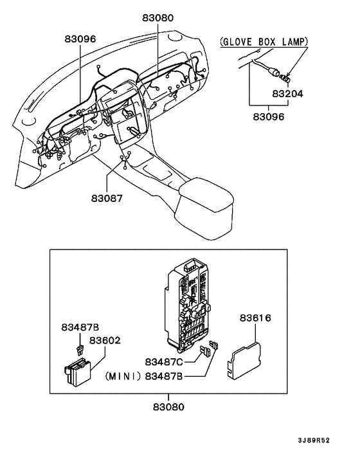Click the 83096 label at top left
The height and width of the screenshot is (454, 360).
79,39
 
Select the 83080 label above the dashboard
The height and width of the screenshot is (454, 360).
157,19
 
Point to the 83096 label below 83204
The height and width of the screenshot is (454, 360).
268,117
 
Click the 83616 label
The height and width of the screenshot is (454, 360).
255,318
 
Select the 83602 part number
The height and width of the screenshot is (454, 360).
105,340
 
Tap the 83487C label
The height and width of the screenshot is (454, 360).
163,361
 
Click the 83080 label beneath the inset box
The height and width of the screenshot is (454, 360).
169,407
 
